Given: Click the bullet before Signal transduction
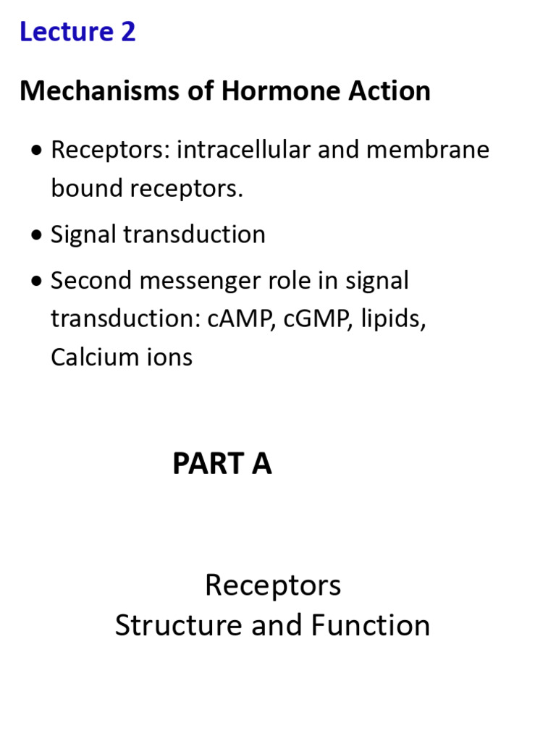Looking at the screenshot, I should tap(37, 235).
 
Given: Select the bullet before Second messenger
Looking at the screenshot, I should tap(37, 281).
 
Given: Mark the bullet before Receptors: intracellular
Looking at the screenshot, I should tap(37, 151).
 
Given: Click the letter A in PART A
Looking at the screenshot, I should tap(261, 464).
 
